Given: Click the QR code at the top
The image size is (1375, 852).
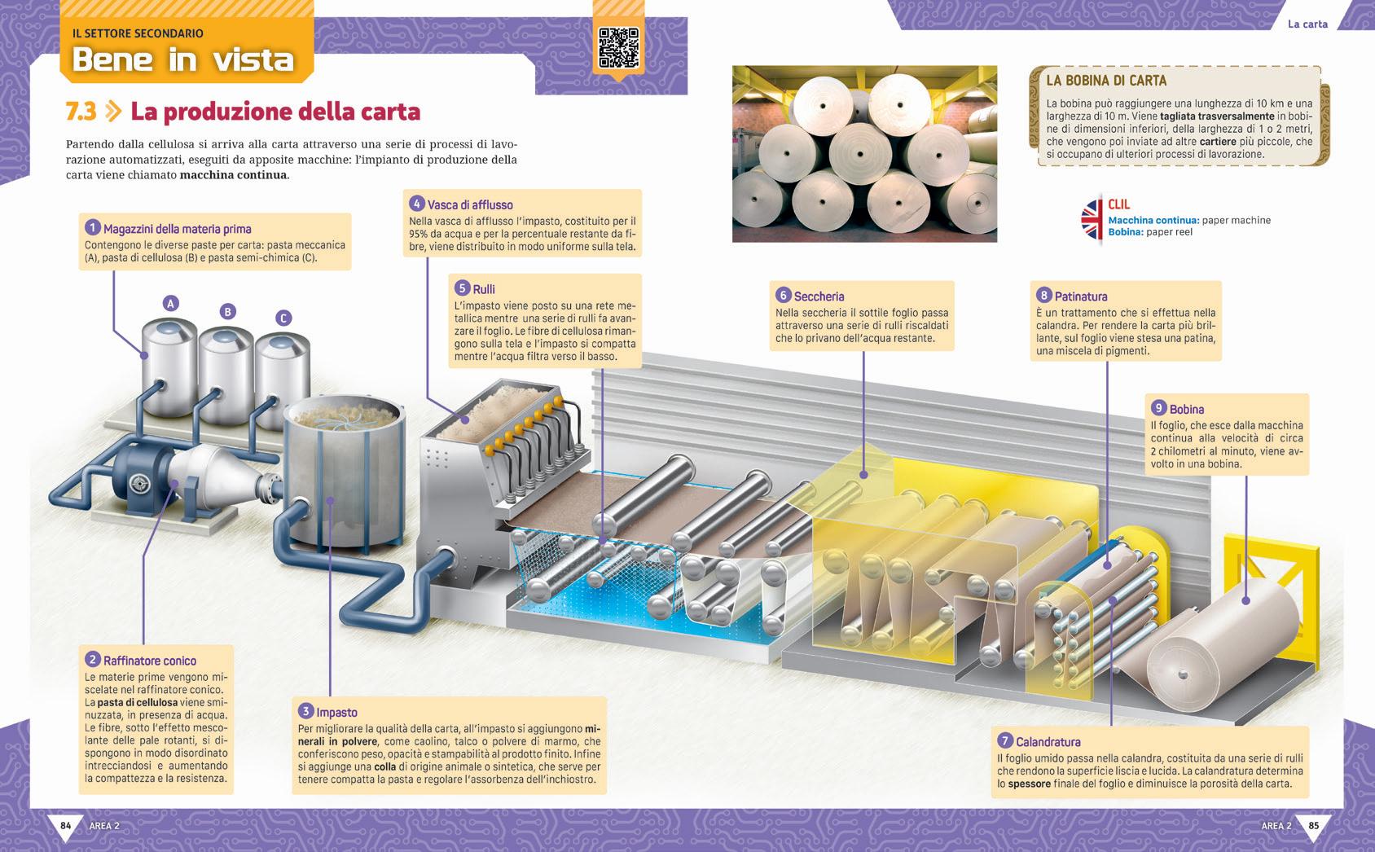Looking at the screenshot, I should (618, 47).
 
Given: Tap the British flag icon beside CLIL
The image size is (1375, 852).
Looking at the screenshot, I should (1092, 219).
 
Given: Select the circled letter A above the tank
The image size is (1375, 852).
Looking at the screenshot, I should (170, 304).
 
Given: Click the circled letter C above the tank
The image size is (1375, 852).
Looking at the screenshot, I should (283, 318).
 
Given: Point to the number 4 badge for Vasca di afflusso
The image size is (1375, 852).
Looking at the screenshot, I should (416, 204).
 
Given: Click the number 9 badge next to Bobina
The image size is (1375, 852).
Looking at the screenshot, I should (1158, 408).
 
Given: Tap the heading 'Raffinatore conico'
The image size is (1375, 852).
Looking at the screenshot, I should (150, 661).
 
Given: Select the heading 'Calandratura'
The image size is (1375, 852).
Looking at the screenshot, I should (1048, 741).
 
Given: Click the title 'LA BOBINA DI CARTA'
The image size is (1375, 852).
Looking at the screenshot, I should (1105, 81).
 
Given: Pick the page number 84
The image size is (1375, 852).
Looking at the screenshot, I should (66, 826).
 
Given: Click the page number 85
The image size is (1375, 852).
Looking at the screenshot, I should (1313, 826).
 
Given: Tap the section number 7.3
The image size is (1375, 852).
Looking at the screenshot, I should (81, 112).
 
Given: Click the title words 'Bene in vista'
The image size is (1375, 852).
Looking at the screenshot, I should (182, 59).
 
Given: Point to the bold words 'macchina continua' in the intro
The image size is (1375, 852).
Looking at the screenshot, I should (233, 175).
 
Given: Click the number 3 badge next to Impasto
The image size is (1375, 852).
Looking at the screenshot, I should (306, 711).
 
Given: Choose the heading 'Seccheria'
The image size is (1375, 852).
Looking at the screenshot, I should (819, 296).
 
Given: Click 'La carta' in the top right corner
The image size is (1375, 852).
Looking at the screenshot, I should (1307, 24).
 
